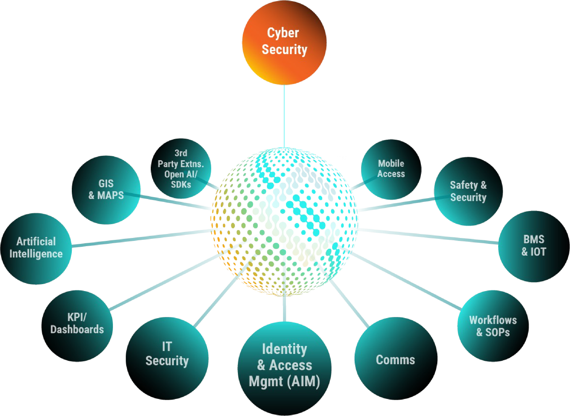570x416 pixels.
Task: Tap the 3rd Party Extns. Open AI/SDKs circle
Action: point(181,168)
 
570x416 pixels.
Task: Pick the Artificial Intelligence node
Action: point(36,248)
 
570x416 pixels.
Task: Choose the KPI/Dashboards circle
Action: point(77,325)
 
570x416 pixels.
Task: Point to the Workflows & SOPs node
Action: point(493,326)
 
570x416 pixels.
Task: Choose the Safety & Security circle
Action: point(468,191)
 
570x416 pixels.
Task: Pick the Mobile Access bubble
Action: point(391,168)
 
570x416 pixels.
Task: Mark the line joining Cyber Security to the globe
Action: point(284,116)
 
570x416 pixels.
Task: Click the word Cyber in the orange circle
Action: point(283,33)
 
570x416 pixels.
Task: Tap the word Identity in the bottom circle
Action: point(284,349)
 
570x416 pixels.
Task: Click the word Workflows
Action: point(493,320)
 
